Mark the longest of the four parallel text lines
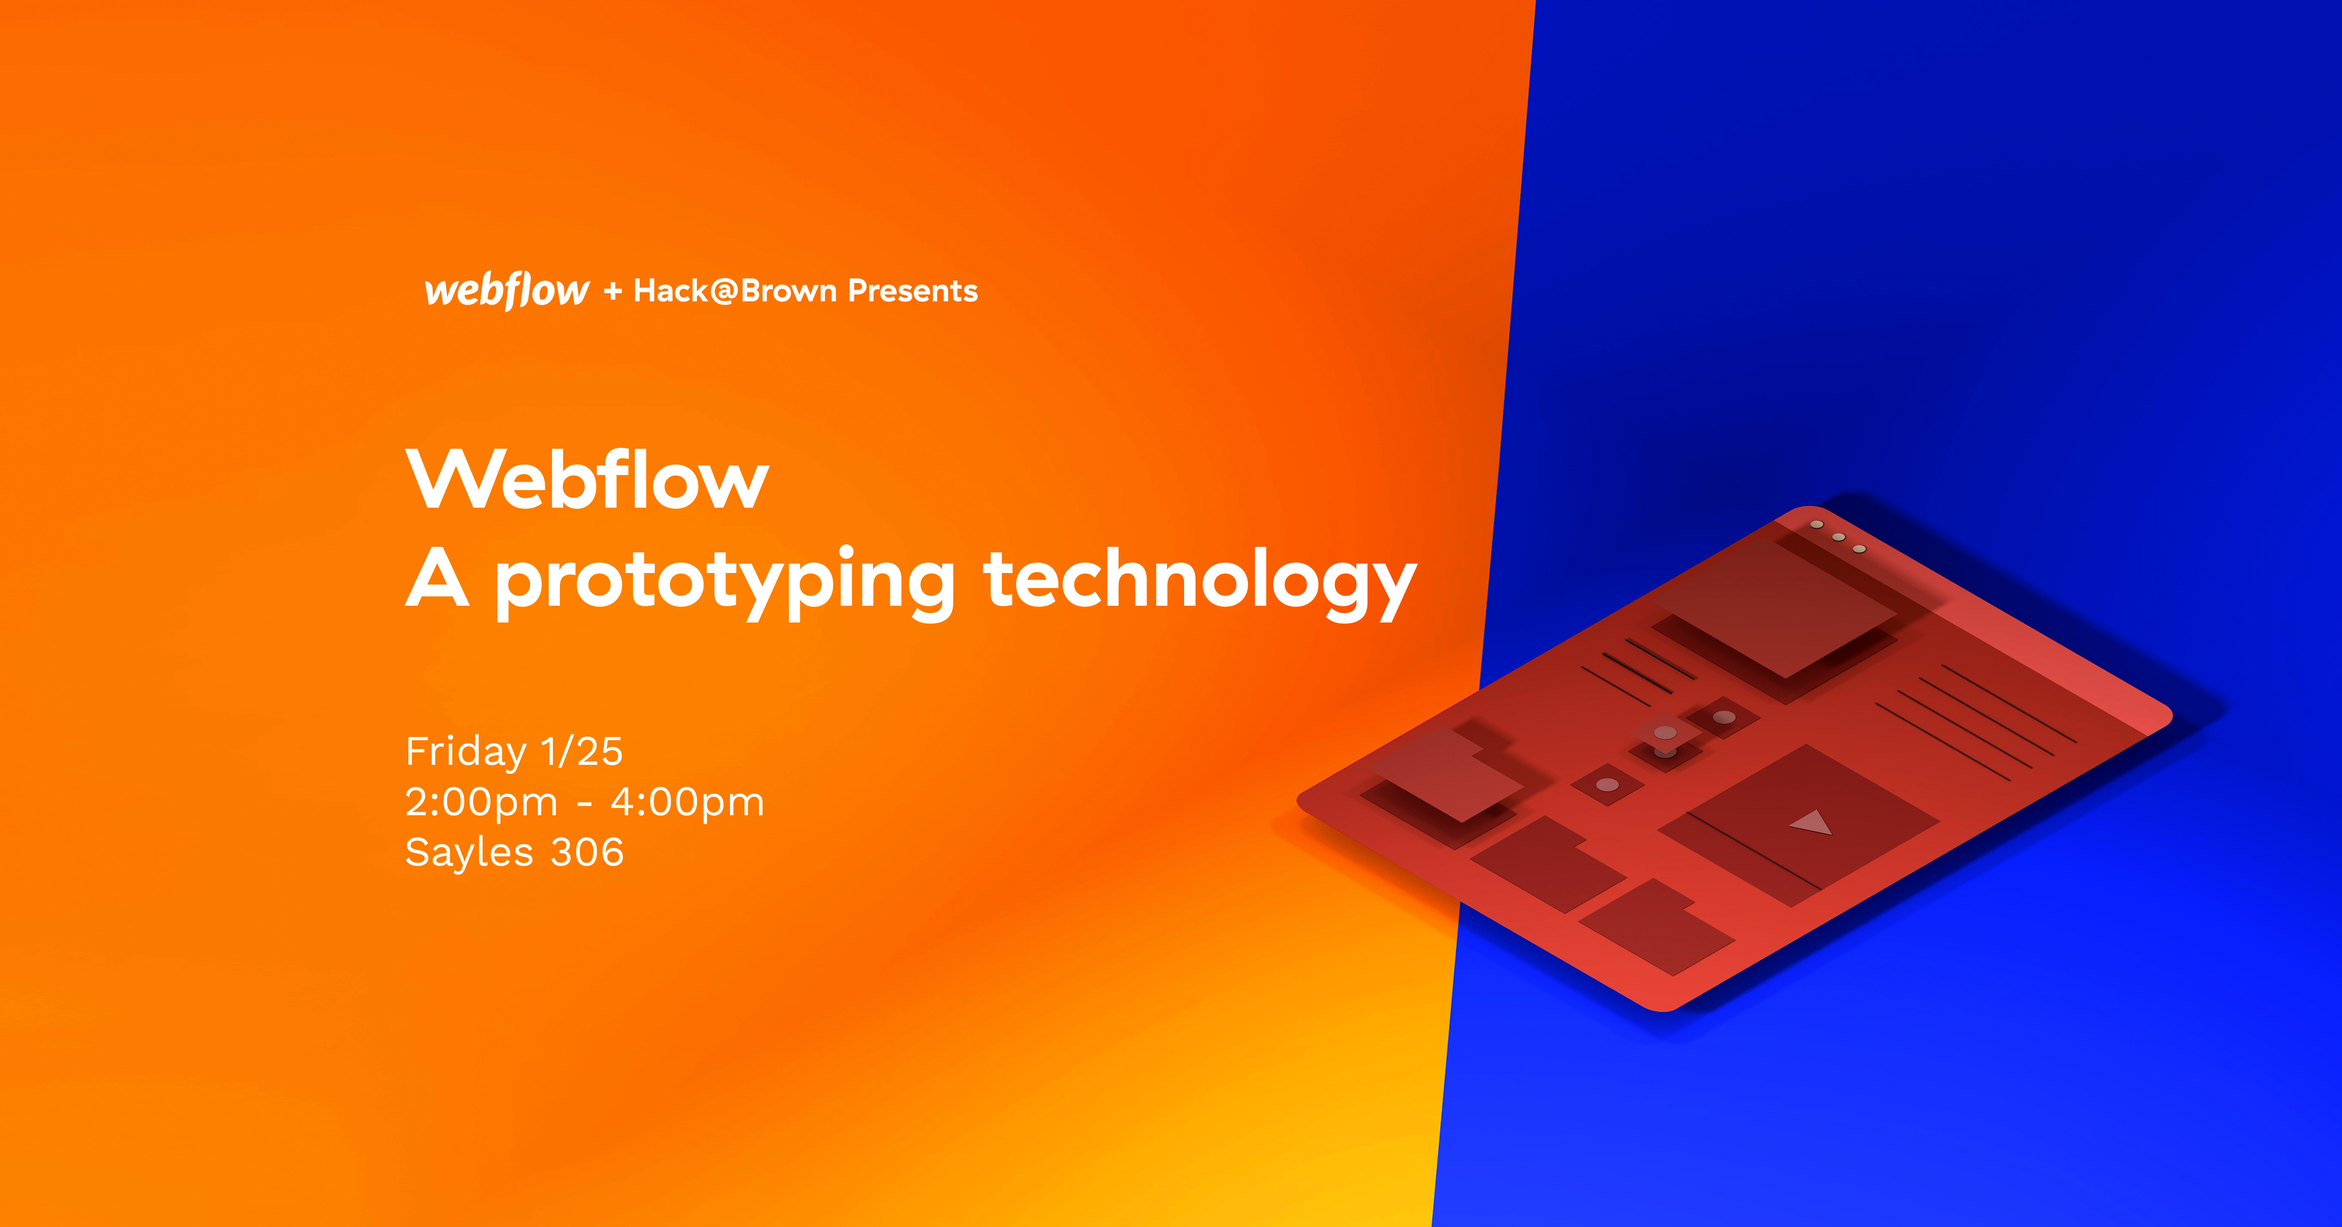(x=2009, y=704)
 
